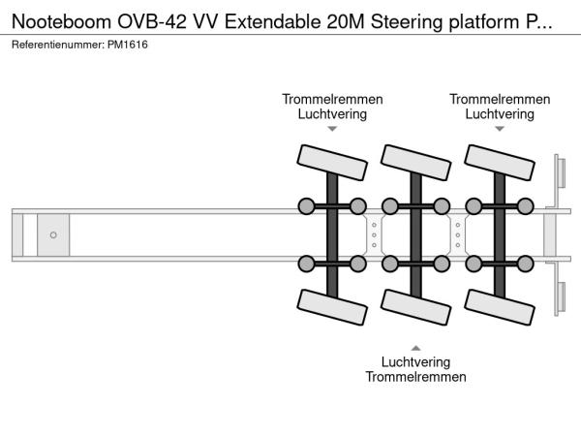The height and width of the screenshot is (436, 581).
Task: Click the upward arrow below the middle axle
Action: tap(415, 347)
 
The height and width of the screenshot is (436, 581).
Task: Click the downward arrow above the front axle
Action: tap(332, 128)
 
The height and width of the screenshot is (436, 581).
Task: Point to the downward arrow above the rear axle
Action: tap(500, 128)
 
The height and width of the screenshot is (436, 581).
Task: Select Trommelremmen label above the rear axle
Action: tap(500, 99)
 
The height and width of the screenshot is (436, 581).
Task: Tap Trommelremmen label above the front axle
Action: tap(332, 99)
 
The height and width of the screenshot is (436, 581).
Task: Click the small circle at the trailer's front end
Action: tap(53, 234)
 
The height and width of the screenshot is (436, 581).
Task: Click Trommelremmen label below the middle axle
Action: tap(415, 377)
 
